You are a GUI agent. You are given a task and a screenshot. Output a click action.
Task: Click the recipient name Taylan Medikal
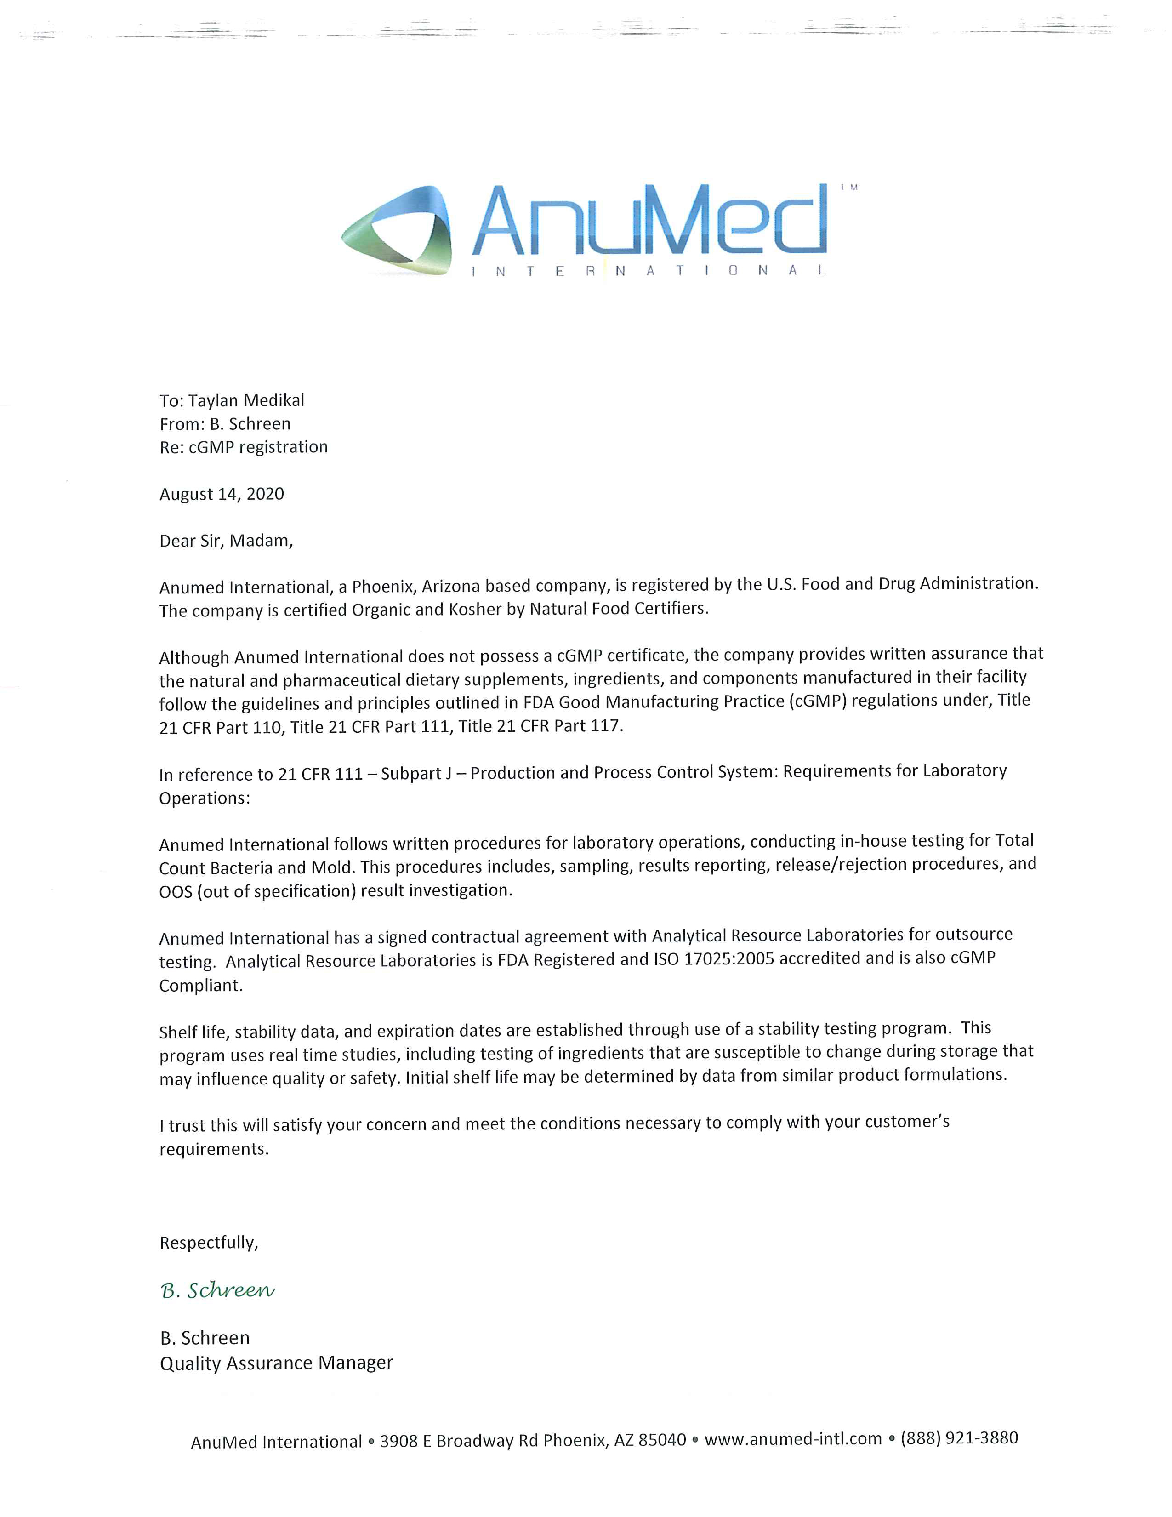point(246,401)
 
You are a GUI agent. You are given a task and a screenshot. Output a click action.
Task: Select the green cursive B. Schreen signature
point(217,1290)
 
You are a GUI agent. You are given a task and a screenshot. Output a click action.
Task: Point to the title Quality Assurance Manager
point(276,1363)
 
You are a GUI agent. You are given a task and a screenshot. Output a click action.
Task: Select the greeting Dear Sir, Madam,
point(226,541)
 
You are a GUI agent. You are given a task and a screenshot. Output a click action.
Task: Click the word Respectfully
point(208,1243)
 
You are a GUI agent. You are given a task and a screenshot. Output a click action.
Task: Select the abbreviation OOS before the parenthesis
point(176,892)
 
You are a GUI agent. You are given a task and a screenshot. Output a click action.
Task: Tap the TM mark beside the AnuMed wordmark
point(849,187)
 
